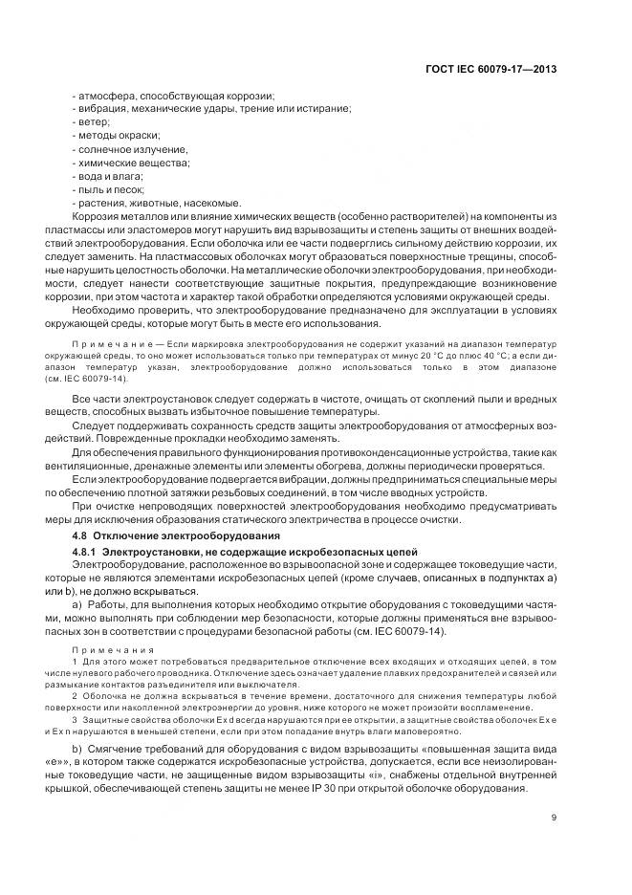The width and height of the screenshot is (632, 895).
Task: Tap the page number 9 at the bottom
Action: [x=554, y=817]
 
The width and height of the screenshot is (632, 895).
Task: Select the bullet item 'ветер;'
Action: [x=93, y=122]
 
